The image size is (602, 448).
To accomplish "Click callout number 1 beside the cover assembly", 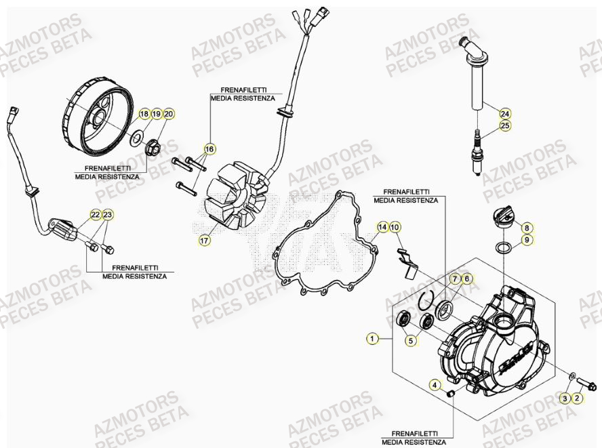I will tap(372, 337).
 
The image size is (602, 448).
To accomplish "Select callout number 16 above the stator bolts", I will tap(209, 148).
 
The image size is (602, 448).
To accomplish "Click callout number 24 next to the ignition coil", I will tap(505, 113).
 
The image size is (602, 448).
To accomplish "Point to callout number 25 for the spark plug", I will tap(505, 125).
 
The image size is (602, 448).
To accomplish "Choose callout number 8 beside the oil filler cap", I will tap(527, 228).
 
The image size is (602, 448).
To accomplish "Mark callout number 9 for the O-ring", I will tap(527, 240).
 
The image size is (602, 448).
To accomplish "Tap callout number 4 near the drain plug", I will tap(435, 386).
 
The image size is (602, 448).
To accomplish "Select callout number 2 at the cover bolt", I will tap(576, 399).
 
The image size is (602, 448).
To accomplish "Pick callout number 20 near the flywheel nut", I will tap(168, 114).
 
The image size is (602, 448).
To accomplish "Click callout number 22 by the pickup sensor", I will tap(96, 215).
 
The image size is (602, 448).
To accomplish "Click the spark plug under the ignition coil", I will tap(479, 146).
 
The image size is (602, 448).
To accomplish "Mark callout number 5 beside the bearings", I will tap(411, 342).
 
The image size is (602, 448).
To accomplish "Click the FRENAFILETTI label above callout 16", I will tap(241, 89).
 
